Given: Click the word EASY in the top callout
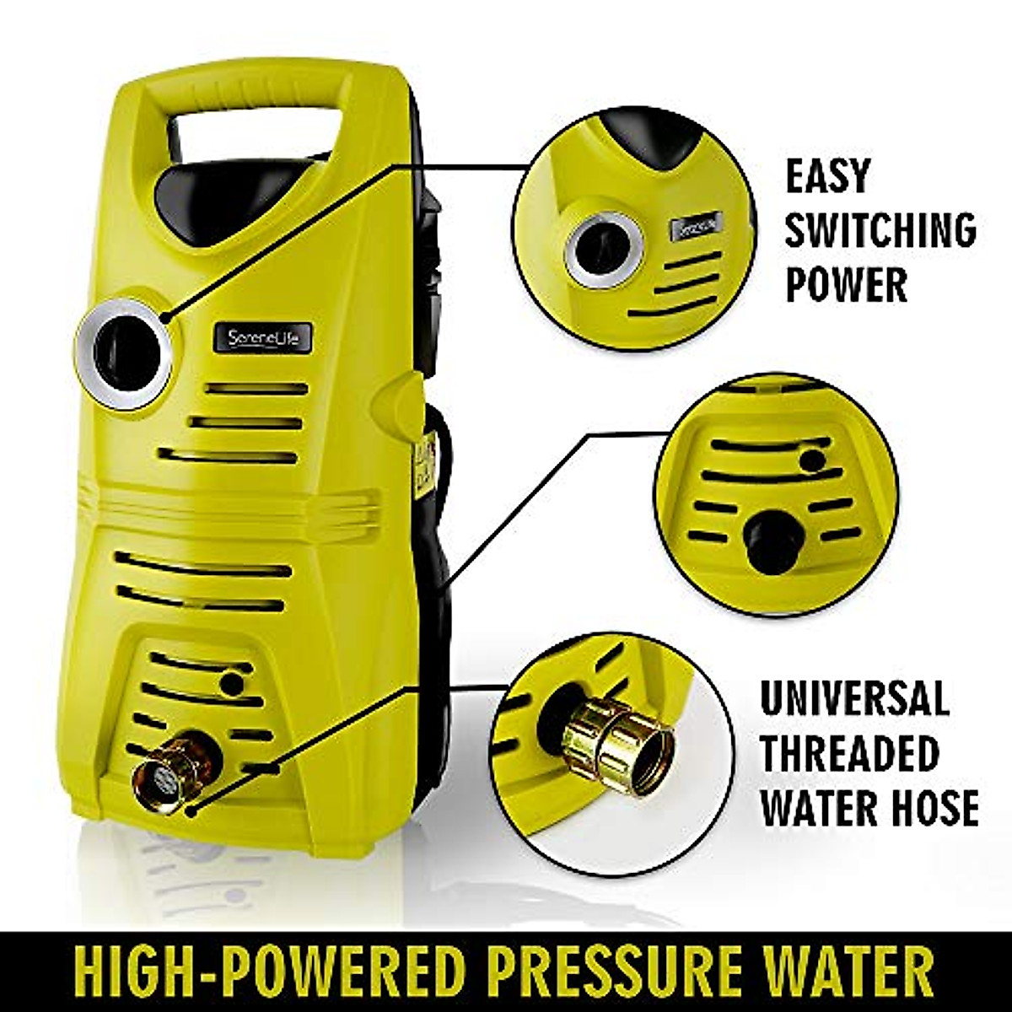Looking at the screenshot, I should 826,176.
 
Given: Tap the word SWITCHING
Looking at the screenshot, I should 880,229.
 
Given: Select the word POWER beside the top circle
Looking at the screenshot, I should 846,284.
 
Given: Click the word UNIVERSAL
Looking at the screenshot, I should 853,697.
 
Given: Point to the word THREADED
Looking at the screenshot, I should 849,752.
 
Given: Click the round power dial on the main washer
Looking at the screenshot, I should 126,354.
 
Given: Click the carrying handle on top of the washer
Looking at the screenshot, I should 253,93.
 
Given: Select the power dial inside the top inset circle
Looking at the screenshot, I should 604,250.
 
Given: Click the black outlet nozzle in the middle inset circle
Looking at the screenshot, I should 773,541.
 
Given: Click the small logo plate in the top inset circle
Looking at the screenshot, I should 697,226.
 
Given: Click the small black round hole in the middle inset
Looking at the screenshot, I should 812,460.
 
